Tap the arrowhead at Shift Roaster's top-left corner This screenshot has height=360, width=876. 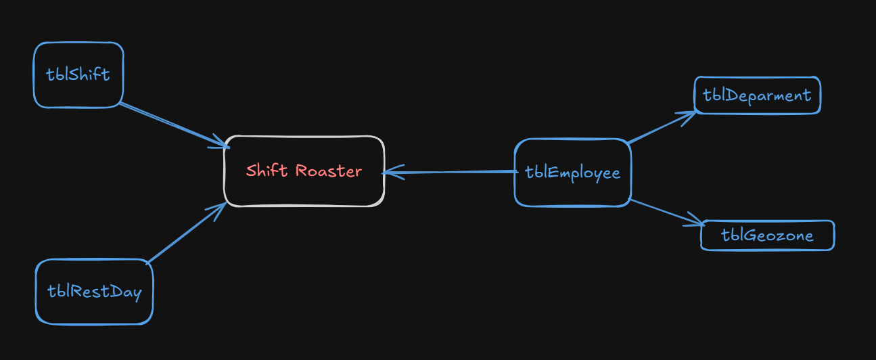tap(223, 144)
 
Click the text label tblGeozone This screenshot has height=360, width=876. tap(767, 235)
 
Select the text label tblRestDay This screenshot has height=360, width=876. tap(94, 292)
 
